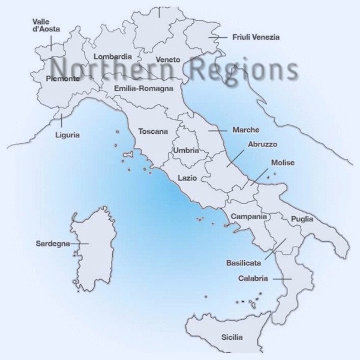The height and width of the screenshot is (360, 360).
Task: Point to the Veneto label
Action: click(167, 60)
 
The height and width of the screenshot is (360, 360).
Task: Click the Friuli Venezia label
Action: click(256, 37)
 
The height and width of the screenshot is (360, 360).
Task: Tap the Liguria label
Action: click(67, 134)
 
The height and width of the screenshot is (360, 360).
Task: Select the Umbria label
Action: click(185, 151)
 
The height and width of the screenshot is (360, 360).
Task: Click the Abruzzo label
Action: click(262, 145)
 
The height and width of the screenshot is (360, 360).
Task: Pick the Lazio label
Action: click(187, 178)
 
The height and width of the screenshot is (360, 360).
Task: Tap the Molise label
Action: click(282, 163)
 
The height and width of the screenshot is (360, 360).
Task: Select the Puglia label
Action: click(302, 220)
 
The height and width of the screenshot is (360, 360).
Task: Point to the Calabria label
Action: click(253, 278)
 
